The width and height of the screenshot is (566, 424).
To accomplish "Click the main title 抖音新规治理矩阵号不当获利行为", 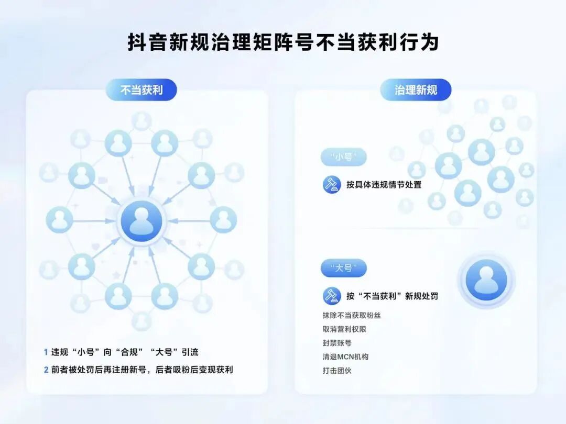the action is click(x=283, y=42).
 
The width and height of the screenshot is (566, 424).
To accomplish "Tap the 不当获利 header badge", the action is click(x=141, y=90).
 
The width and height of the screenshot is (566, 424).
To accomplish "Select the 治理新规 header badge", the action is click(x=416, y=90).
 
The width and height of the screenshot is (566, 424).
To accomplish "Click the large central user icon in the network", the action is click(x=141, y=221).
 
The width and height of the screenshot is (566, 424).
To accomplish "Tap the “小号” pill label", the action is click(x=344, y=157).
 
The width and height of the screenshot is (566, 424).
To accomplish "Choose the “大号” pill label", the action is click(x=344, y=269).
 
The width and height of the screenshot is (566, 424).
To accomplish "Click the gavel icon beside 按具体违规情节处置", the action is click(x=332, y=184).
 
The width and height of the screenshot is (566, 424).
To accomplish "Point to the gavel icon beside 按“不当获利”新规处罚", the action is click(x=332, y=296).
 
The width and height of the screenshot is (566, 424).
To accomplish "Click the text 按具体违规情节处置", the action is click(x=384, y=184).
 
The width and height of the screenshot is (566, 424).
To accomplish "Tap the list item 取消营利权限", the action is click(x=344, y=329).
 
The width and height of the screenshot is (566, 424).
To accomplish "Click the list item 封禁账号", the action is click(x=337, y=343).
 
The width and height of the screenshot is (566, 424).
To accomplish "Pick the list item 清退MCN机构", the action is click(x=345, y=356).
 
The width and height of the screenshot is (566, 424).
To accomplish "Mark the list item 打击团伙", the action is click(x=337, y=370).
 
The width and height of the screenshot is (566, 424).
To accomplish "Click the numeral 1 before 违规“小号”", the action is click(x=46, y=352).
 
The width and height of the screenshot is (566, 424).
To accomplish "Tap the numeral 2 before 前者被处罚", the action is click(x=46, y=370).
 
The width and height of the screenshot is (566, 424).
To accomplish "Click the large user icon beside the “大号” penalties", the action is click(x=486, y=280).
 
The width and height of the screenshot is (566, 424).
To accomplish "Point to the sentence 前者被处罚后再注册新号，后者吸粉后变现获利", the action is click(x=142, y=370).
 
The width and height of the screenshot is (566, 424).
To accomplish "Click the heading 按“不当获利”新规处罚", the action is click(x=392, y=296).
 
